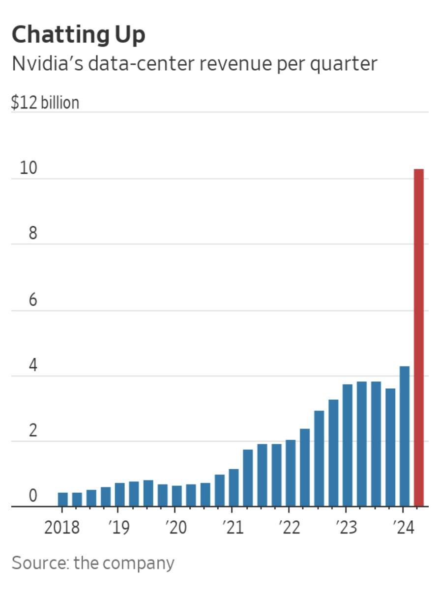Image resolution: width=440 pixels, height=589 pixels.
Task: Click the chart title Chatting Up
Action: [79, 35]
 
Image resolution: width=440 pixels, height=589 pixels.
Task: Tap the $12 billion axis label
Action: [45, 103]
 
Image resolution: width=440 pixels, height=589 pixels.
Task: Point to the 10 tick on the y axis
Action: [29, 168]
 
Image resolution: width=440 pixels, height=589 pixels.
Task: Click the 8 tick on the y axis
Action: [32, 234]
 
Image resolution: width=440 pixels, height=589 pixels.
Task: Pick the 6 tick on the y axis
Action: [32, 299]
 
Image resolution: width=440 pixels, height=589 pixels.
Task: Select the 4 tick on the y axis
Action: [32, 366]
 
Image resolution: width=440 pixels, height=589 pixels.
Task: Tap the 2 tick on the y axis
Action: [32, 431]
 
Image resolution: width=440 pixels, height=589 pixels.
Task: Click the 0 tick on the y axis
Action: [32, 496]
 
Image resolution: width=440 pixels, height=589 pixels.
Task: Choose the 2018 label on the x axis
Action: [62, 528]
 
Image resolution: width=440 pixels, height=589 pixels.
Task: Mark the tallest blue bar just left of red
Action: [405, 436]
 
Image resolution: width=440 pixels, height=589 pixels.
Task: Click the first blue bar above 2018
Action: [63, 499]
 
